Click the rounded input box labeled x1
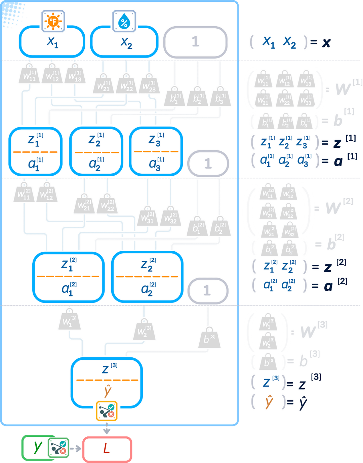[x=52, y=42]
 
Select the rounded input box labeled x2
[x=124, y=42]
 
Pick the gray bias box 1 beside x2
[x=195, y=42]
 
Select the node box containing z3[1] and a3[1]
[x=156, y=151]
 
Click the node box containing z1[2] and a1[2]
[x=69, y=277]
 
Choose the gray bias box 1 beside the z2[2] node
[x=207, y=291]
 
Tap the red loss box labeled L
[x=107, y=449]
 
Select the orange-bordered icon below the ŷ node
[x=107, y=411]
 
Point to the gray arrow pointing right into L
[x=77, y=449]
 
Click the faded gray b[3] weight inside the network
[x=209, y=338]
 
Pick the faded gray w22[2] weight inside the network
[x=107, y=204]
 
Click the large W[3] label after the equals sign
[x=313, y=330]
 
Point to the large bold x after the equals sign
[x=326, y=42]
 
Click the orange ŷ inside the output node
[x=108, y=391]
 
